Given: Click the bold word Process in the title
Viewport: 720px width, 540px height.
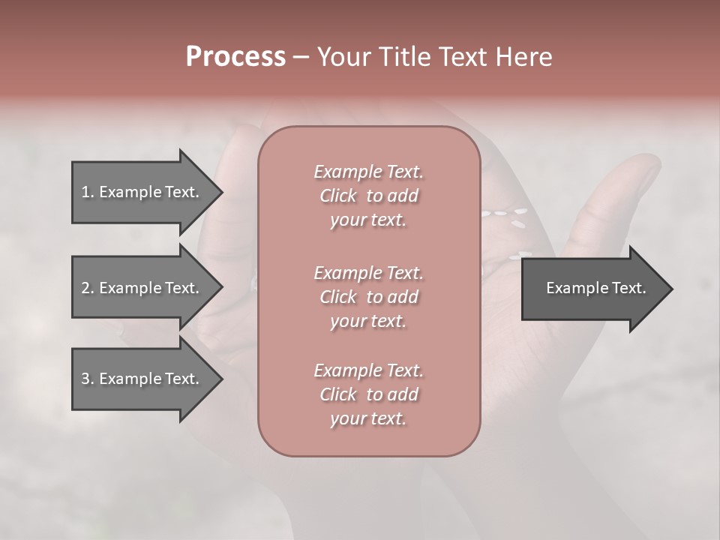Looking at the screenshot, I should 235,57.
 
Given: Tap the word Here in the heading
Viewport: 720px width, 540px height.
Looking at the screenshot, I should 524,57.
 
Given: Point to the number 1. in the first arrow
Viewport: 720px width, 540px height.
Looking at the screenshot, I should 88,192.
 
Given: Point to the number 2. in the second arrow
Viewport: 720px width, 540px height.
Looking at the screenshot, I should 88,288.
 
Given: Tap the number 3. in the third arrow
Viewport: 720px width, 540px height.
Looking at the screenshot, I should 88,379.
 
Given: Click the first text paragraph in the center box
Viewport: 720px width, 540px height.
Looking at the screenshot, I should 368,196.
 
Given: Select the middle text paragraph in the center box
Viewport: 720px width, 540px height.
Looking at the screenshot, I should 368,297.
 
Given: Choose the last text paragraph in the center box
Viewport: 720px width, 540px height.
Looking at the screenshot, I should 368,394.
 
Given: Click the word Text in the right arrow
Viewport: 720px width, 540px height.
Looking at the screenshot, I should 628,288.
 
